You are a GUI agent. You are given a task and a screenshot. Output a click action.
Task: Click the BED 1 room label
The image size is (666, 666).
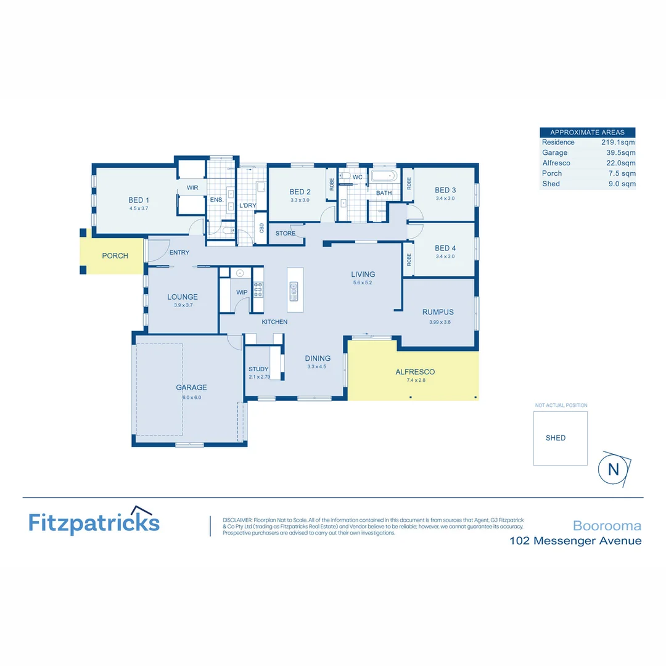pos(139,200)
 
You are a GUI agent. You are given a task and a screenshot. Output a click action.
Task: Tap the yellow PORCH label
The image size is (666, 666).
pos(115,255)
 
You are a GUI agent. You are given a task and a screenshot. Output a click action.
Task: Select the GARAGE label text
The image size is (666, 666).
pos(191,387)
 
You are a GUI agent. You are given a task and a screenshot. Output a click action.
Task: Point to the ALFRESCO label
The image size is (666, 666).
pos(415,372)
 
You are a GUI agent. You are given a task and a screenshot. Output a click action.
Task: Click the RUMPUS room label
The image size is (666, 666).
pos(438,312)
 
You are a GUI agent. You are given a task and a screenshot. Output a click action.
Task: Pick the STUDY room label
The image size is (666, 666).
pos(258,369)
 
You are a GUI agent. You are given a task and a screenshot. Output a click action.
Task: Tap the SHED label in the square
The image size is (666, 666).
pos(556,438)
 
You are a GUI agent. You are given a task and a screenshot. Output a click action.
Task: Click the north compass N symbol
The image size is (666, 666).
pos(614,469)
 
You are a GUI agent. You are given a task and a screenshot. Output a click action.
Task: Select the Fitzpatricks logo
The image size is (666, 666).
pos(94,522)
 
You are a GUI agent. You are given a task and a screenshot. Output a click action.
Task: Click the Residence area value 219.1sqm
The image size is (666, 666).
pos(618,142)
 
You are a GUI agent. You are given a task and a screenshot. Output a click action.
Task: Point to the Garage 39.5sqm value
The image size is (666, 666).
pos(620,153)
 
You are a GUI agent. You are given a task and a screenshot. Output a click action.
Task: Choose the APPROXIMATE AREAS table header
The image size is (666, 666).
pos(587,132)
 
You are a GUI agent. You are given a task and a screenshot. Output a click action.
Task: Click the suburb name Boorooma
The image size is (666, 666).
pos(607,526)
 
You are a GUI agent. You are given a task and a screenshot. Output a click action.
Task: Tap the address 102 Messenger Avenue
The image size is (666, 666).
pos(575,541)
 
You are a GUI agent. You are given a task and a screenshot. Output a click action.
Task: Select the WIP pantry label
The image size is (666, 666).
pos(242,292)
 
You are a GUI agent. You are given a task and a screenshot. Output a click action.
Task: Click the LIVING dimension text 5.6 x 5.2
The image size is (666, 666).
pos(363,282)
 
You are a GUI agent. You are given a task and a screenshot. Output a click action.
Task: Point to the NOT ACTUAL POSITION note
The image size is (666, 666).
pos(561,406)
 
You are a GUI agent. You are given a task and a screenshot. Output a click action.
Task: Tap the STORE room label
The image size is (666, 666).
pos(285,234)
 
